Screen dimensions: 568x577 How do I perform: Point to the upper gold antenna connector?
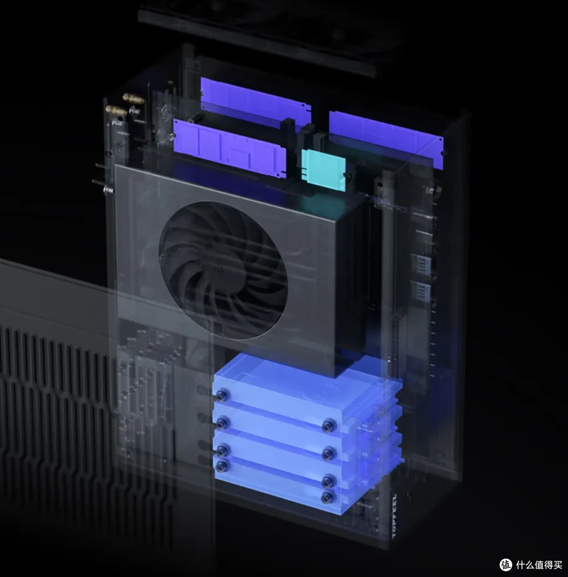(133, 98)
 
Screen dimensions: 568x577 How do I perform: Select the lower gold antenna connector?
(116, 110)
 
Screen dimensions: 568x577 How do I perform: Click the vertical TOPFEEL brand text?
(395, 515)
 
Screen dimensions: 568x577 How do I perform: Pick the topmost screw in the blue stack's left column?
(221, 396)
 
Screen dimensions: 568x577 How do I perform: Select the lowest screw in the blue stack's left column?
(222, 466)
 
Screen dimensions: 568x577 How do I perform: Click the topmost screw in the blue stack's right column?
(328, 426)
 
